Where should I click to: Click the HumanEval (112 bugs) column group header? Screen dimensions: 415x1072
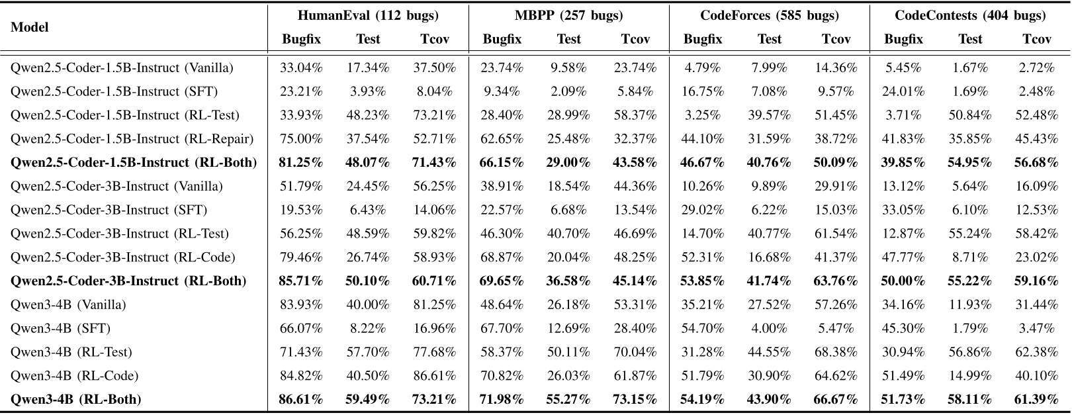(x=368, y=15)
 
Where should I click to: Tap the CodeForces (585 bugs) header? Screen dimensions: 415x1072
(x=770, y=15)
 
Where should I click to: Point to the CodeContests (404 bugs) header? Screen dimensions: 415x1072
(x=970, y=15)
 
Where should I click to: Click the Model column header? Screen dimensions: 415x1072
(x=30, y=27)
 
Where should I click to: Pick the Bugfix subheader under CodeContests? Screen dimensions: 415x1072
(x=903, y=39)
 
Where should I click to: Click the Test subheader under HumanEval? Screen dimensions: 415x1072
(x=368, y=39)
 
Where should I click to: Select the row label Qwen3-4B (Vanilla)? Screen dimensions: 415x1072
(x=68, y=304)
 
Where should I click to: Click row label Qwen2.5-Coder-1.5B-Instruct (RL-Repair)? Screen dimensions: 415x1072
(x=132, y=138)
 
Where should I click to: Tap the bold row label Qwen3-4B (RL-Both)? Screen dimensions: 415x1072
(x=76, y=399)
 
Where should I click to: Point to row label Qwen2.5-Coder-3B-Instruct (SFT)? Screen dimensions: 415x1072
(x=109, y=210)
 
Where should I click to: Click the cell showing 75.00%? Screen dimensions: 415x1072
(x=302, y=138)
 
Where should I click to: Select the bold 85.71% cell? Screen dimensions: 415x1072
(x=302, y=281)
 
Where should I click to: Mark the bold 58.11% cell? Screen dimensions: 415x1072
(x=970, y=399)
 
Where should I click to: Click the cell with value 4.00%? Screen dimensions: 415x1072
(x=770, y=328)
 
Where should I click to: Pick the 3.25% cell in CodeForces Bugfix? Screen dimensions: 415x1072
(x=703, y=115)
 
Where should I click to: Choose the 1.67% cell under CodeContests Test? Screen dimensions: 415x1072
(x=970, y=68)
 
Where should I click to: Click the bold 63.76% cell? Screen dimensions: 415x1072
(x=836, y=281)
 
